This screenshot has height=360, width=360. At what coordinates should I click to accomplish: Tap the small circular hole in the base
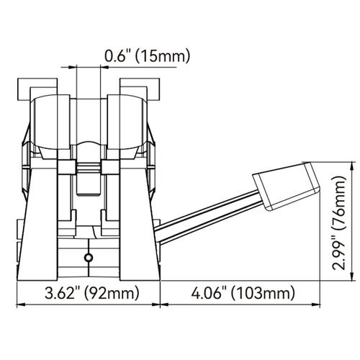point(88,258)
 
